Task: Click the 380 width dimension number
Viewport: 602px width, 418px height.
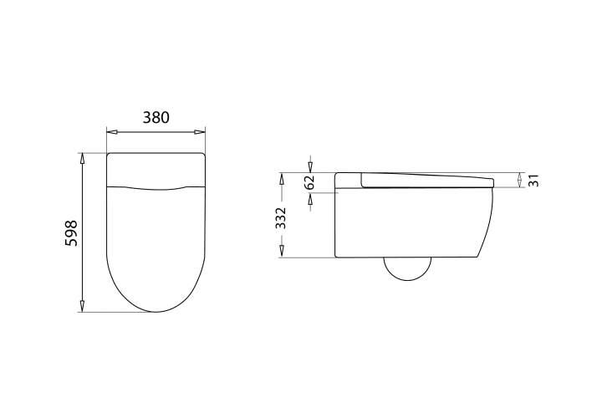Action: [x=156, y=117]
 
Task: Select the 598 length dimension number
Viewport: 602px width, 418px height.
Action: [x=71, y=233]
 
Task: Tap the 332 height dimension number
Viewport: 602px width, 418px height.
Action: [x=281, y=218]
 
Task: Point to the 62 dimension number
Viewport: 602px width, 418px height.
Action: [x=309, y=182]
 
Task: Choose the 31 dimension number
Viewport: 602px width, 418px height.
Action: [x=533, y=181]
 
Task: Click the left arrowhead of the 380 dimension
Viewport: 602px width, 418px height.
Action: [x=112, y=132]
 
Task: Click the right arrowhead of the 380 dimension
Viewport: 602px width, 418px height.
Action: [x=200, y=132]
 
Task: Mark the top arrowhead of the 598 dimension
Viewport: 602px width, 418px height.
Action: [x=82, y=159]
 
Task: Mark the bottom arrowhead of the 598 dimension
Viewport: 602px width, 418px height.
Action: [x=82, y=306]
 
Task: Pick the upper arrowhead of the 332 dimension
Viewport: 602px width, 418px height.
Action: [x=282, y=178]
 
